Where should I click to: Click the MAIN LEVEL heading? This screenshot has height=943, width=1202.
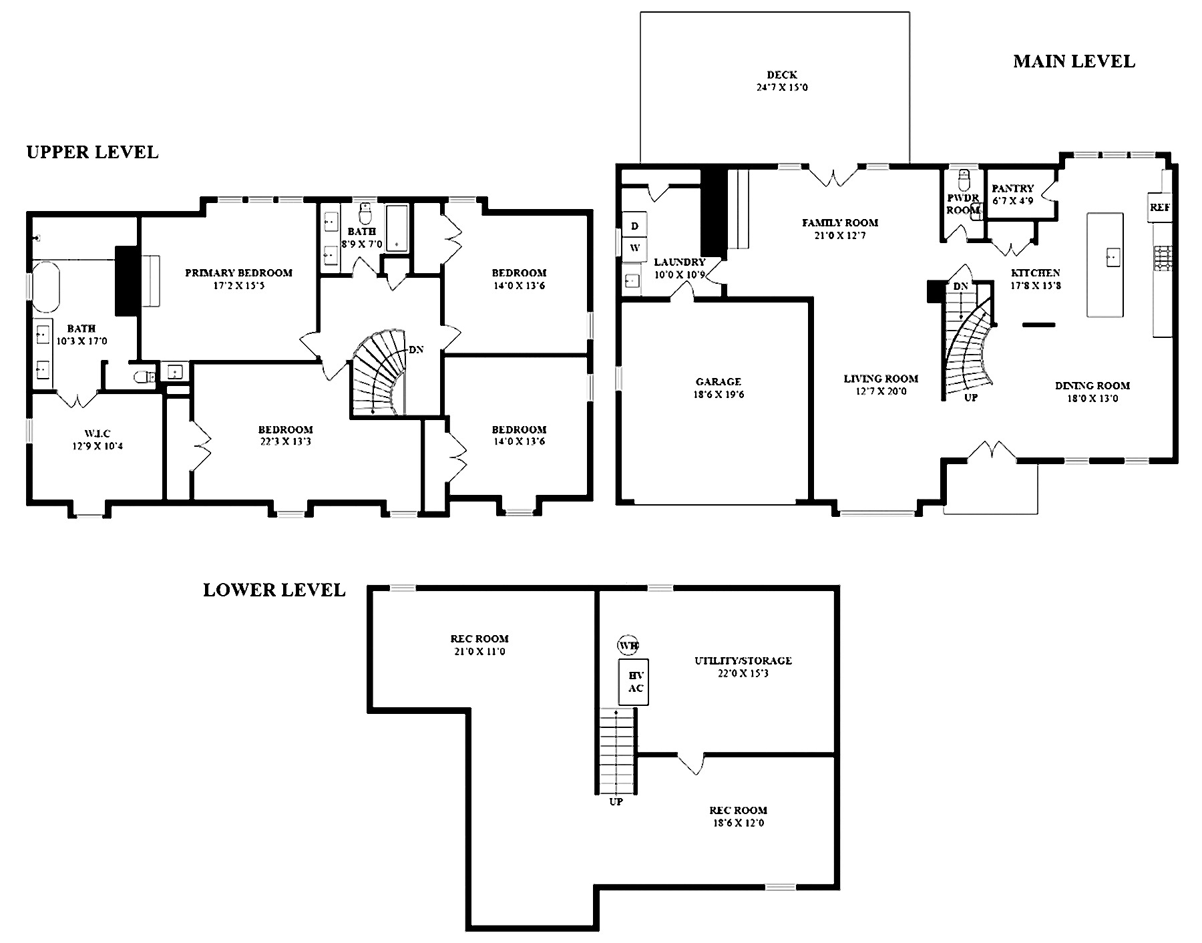pos(1074,61)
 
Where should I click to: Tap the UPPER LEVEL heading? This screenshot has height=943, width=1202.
pos(92,152)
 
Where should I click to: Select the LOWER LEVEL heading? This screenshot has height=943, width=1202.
pos(274,590)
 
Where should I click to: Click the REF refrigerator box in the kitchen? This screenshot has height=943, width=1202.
pos(1160,208)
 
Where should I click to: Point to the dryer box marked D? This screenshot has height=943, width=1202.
pos(634,226)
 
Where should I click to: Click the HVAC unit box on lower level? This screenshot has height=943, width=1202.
pos(634,682)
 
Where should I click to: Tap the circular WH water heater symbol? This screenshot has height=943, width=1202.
pos(628,646)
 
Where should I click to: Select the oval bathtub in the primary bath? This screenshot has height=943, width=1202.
pos(45,287)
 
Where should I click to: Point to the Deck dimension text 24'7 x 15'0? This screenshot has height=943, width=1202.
pos(782,87)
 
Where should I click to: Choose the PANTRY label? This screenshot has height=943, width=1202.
pos(1012,189)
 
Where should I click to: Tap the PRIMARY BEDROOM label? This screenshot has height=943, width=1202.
pos(238,272)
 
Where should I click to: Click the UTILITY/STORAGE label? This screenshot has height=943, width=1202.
pos(743,661)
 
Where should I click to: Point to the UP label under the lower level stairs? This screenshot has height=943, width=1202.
pos(616,801)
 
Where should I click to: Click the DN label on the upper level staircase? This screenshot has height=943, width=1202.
pos(416,349)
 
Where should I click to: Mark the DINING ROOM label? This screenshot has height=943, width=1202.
pos(1092,385)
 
